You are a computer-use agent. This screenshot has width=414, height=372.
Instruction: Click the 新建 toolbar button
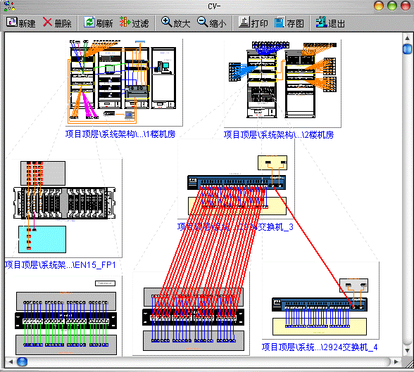tap(20, 23)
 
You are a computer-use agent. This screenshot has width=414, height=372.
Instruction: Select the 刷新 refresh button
tap(99, 23)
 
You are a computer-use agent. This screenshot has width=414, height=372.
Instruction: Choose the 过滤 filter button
tap(135, 23)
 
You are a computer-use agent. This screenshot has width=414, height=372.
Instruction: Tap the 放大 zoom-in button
tap(176, 23)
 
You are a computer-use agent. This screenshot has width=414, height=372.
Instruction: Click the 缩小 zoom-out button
tap(212, 23)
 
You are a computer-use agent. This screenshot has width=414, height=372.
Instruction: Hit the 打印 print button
tap(253, 23)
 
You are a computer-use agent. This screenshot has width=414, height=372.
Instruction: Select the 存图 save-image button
tap(289, 23)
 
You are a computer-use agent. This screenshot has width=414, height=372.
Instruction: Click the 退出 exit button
tap(330, 23)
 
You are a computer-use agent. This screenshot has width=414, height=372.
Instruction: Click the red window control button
tap(404, 6)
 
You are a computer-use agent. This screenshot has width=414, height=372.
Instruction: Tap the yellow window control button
tap(379, 6)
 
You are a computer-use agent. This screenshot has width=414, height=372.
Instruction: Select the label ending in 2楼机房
tap(278, 134)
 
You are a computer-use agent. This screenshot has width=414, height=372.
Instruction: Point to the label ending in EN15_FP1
tap(60, 265)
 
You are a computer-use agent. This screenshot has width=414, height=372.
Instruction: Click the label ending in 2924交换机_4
tap(320, 347)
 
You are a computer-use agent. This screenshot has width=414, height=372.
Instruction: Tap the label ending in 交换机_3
tap(235, 226)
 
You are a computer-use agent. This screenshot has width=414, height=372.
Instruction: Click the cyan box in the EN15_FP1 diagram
tap(42, 239)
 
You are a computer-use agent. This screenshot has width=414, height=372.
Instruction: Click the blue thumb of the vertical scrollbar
tap(407, 49)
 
